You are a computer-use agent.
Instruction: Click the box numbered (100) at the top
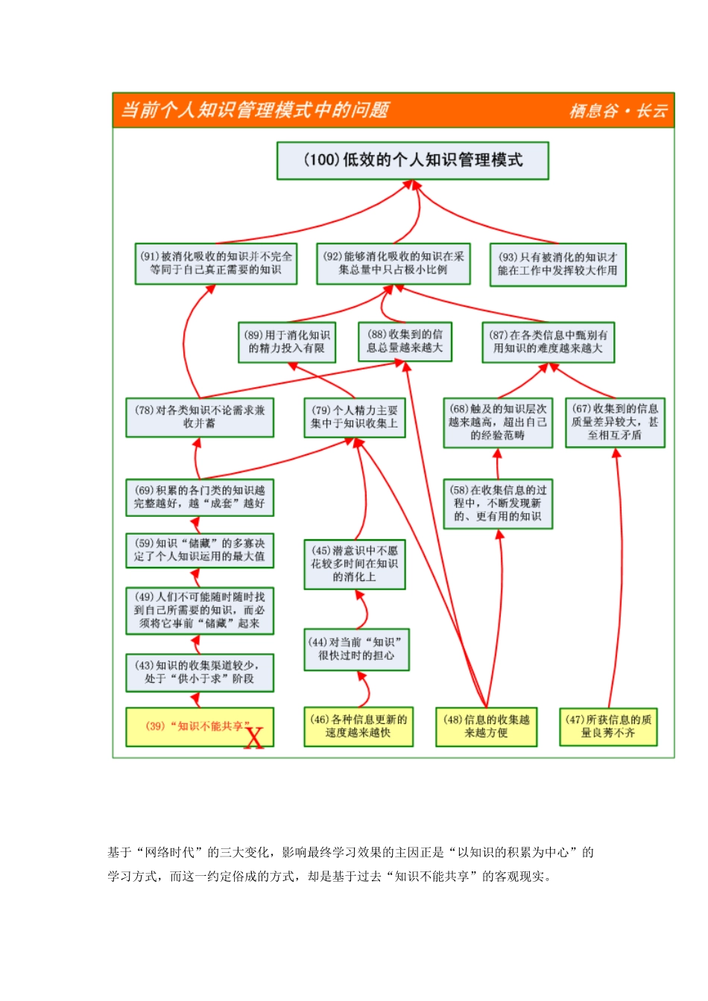pyautogui.click(x=413, y=160)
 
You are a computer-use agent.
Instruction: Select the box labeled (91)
pyautogui.click(x=216, y=264)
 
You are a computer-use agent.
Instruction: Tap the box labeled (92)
pyautogui.click(x=393, y=264)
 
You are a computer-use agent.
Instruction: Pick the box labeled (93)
pyautogui.click(x=557, y=264)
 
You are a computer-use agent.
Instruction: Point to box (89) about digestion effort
pyautogui.click(x=287, y=342)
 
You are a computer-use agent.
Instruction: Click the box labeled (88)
pyautogui.click(x=405, y=341)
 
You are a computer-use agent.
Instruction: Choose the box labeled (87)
pyautogui.click(x=549, y=342)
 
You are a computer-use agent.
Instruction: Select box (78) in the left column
pyautogui.click(x=200, y=417)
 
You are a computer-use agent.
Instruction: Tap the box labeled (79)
pyautogui.click(x=355, y=417)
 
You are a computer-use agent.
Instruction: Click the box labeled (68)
pyautogui.click(x=498, y=422)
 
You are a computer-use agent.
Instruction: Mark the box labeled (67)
pyautogui.click(x=615, y=422)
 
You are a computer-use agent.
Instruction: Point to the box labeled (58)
pyautogui.click(x=498, y=503)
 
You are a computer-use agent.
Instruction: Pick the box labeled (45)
pyautogui.click(x=355, y=564)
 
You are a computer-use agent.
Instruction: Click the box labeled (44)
pyautogui.click(x=356, y=649)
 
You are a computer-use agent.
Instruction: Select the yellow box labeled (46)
pyautogui.click(x=359, y=726)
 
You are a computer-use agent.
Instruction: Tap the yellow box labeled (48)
pyautogui.click(x=486, y=726)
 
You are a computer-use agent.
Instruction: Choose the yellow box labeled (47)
pyautogui.click(x=609, y=726)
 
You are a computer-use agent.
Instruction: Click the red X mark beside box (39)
pyautogui.click(x=254, y=738)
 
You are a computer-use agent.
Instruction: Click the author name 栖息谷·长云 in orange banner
pyautogui.click(x=619, y=111)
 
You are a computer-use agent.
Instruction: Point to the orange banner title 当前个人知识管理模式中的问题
pyautogui.click(x=255, y=110)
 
